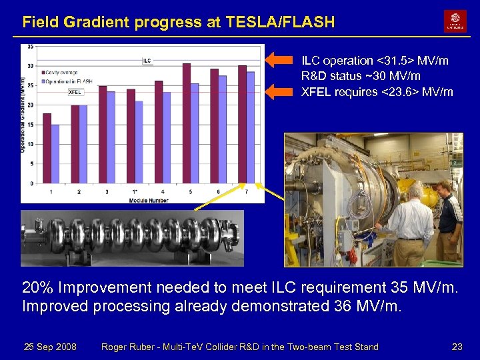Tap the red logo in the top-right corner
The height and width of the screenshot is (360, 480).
coord(455,21)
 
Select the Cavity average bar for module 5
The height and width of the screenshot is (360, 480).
coord(187,123)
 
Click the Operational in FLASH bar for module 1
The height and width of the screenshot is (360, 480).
coord(55,154)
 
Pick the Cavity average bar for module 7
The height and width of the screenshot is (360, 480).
coord(242,125)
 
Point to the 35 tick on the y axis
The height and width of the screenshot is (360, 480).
coord(31,47)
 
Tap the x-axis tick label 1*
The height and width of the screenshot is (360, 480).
coord(134,192)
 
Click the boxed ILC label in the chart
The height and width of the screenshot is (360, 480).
coord(147,61)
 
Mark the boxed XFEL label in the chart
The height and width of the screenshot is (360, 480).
coord(75,93)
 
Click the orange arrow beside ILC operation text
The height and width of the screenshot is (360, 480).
coord(280,61)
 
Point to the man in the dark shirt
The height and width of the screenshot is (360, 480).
coord(449,227)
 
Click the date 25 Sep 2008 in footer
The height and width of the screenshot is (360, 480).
coord(50,347)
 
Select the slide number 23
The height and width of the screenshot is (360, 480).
coord(457,347)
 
